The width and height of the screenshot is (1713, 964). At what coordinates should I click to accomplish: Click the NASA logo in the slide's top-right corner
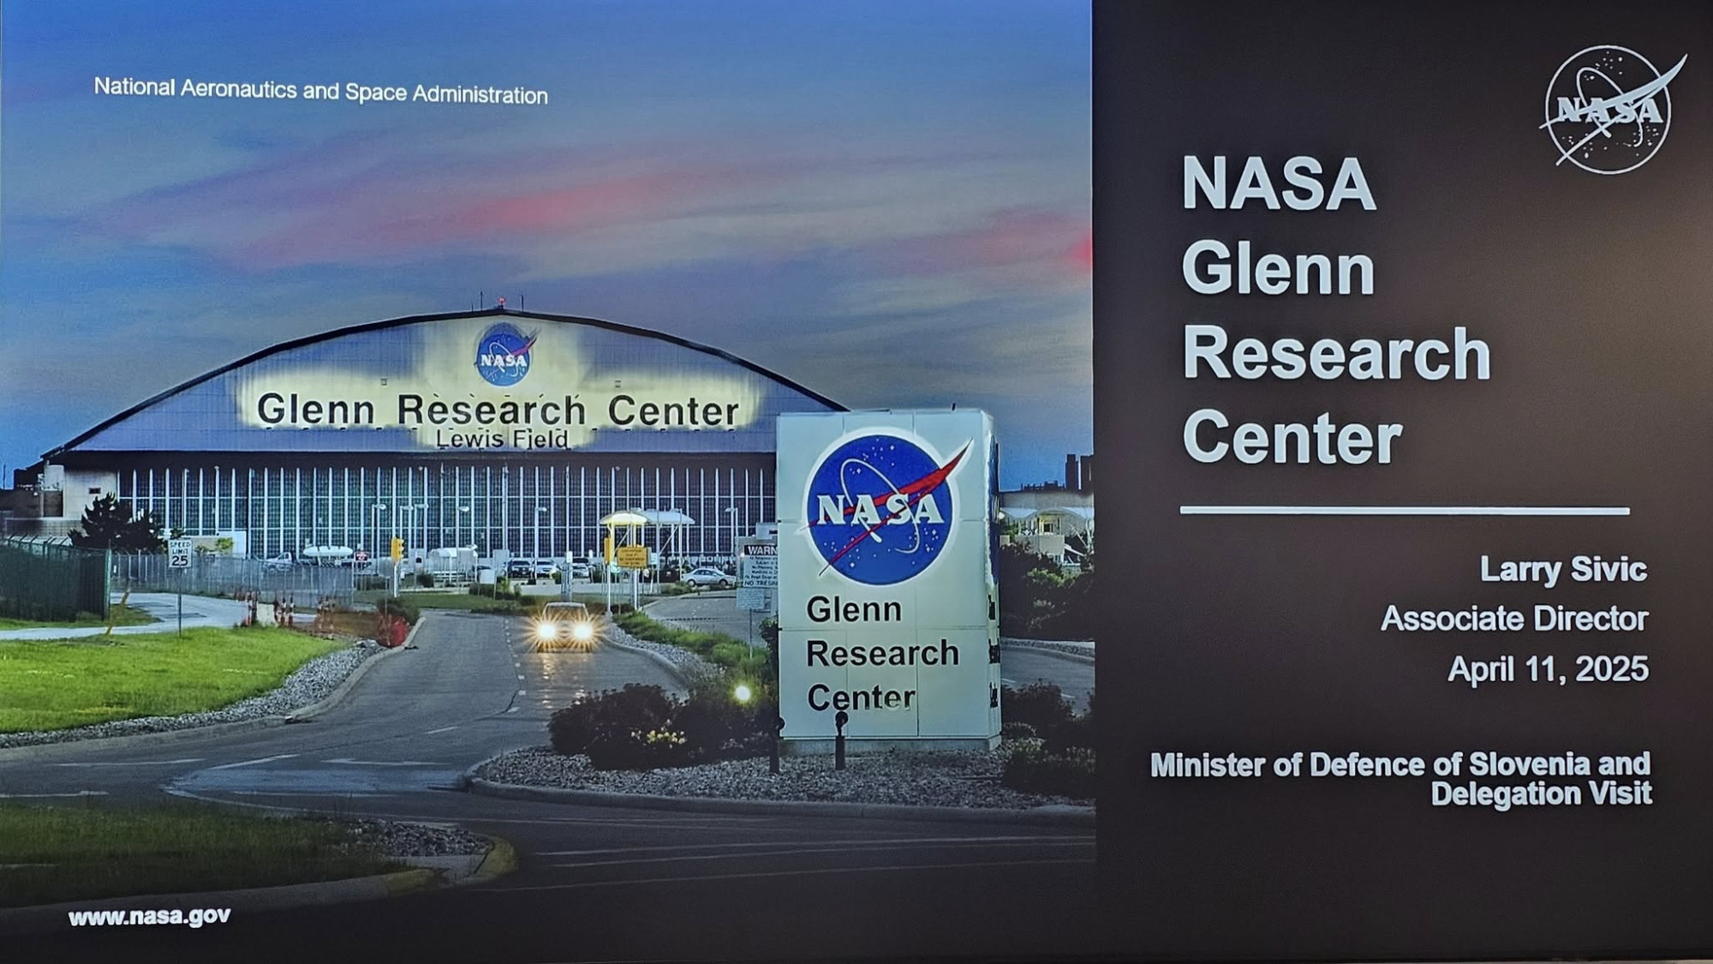1609,110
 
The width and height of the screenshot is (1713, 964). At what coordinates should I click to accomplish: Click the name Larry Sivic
1563,570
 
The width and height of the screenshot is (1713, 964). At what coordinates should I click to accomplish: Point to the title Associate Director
1514,619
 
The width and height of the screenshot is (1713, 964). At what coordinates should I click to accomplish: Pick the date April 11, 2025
1548,669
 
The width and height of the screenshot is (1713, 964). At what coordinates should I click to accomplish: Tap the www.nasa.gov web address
149,917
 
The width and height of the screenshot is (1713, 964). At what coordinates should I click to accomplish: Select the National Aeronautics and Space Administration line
320,90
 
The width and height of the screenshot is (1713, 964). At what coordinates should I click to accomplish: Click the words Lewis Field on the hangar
502,439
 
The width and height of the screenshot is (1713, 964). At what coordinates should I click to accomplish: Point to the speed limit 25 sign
179,554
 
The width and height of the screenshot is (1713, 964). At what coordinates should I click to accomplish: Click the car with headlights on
564,626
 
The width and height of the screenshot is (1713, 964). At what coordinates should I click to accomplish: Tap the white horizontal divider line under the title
1405,511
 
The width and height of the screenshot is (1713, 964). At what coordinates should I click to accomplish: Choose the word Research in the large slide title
1336,353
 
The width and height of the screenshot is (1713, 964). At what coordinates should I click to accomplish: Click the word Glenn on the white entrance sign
854,609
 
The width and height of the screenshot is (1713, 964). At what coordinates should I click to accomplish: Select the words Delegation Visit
1541,793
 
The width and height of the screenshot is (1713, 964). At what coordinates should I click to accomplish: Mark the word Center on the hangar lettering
673,411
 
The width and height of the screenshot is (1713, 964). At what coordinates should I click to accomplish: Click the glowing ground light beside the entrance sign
743,692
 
